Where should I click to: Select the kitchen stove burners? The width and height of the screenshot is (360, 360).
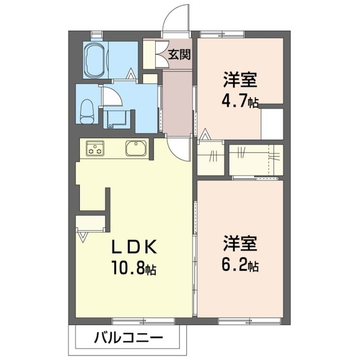(x=95, y=150)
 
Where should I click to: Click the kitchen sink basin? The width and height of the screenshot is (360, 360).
(x=136, y=150)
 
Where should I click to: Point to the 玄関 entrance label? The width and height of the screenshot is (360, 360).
(x=179, y=55)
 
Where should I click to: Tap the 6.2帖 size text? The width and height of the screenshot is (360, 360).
(x=243, y=264)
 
